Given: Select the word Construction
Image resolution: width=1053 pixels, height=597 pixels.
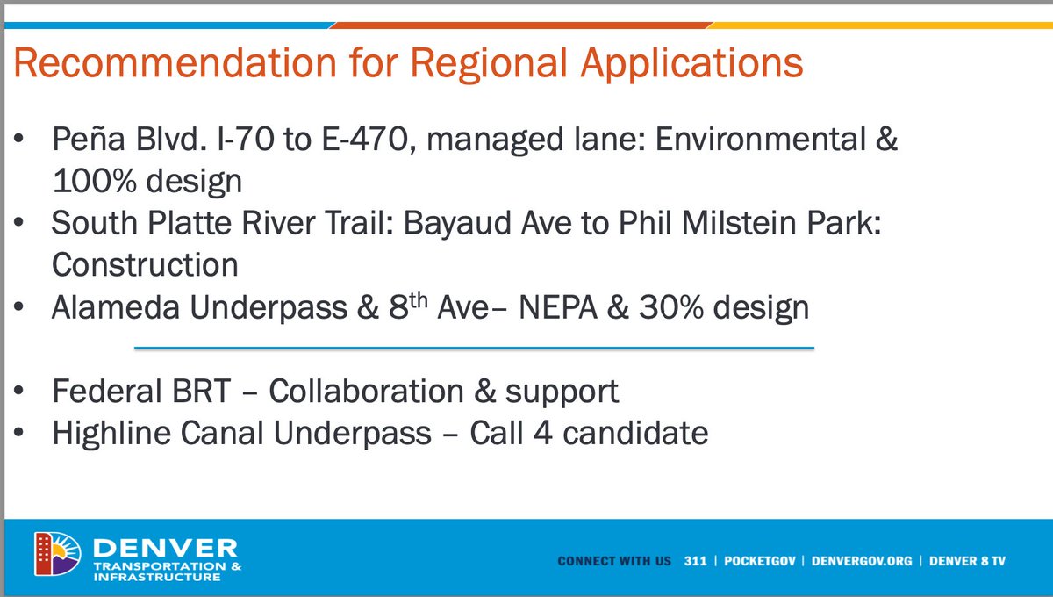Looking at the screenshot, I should pyautogui.click(x=145, y=264).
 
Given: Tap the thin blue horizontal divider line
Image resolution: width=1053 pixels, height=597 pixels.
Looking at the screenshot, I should pyautogui.click(x=474, y=348).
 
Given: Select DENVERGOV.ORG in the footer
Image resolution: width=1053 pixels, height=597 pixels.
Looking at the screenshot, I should pyautogui.click(x=862, y=560).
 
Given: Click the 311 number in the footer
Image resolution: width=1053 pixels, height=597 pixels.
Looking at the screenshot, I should pyautogui.click(x=696, y=560).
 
